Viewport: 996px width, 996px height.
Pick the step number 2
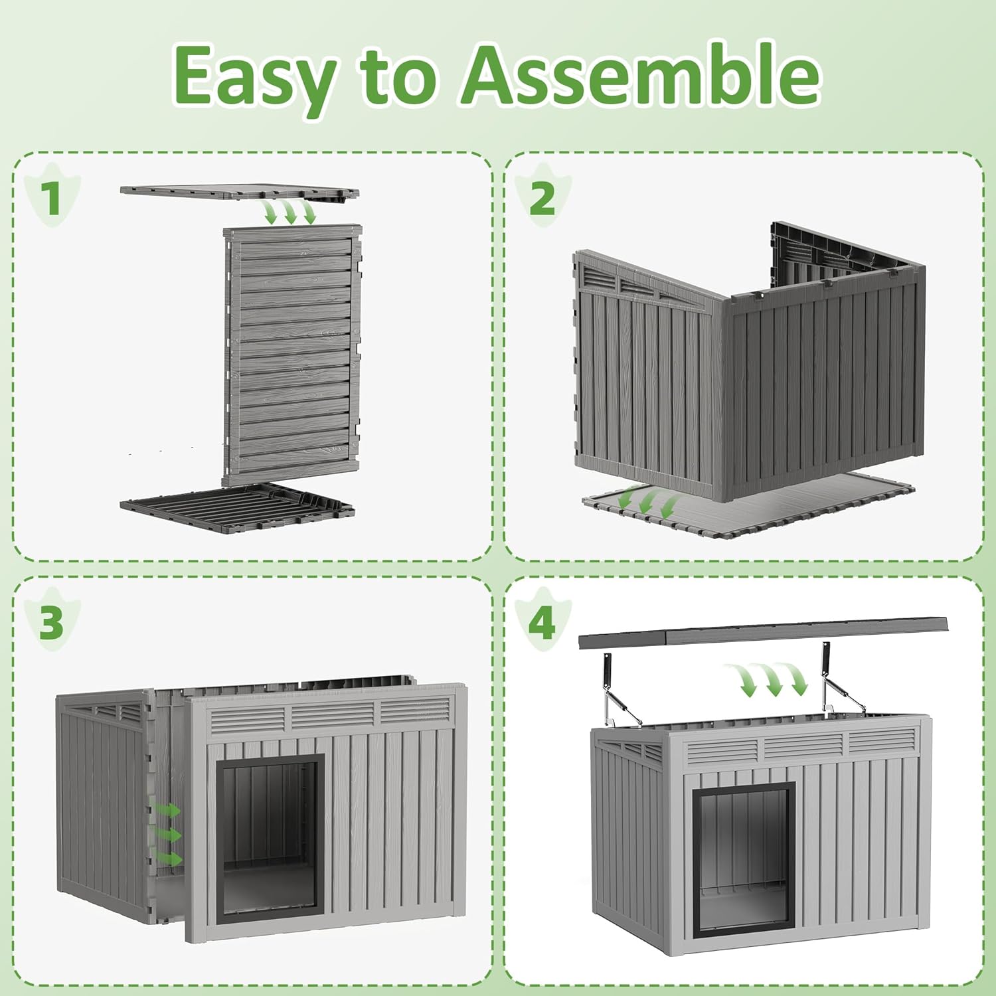[542, 197]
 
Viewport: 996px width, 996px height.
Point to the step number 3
[51, 622]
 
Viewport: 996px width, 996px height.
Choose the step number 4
[542, 622]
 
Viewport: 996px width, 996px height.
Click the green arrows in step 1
[290, 212]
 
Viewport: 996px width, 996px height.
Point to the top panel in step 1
[240, 193]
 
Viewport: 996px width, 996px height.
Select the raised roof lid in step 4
[764, 631]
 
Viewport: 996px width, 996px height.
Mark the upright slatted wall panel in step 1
[292, 355]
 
